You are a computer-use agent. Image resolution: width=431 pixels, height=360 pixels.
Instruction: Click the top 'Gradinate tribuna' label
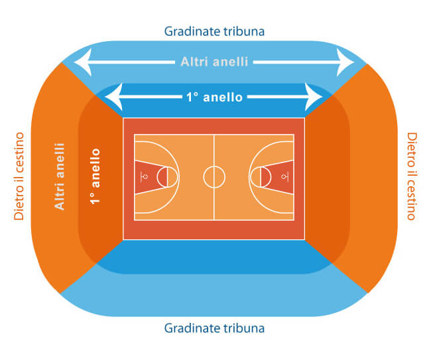[214, 31]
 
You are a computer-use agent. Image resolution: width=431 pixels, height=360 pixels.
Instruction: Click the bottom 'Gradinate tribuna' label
[214, 328]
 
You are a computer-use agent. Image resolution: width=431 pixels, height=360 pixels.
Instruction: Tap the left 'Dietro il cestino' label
[19, 176]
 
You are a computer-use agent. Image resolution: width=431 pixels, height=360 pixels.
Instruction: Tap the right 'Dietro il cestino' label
[412, 176]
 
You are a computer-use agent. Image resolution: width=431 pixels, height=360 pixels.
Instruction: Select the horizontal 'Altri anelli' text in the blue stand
[214, 62]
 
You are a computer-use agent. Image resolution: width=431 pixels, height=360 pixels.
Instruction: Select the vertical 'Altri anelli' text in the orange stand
[60, 176]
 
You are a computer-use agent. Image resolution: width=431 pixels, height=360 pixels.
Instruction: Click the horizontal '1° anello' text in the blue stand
[214, 97]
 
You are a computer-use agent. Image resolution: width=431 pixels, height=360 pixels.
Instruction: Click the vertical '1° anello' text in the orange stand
[95, 176]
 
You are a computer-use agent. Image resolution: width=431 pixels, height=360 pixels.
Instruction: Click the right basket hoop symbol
[283, 177]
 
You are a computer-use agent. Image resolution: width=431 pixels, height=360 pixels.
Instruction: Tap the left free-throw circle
[157, 177]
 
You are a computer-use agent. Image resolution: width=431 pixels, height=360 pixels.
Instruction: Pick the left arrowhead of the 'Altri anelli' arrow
[82, 62]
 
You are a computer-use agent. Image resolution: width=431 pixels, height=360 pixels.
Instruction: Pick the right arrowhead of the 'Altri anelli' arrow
[345, 62]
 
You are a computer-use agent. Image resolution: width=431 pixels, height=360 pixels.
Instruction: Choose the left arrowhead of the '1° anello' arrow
[113, 97]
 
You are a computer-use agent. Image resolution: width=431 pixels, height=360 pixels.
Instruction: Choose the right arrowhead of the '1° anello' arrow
[314, 97]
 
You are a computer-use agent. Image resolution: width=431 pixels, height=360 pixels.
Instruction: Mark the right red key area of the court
[279, 177]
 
